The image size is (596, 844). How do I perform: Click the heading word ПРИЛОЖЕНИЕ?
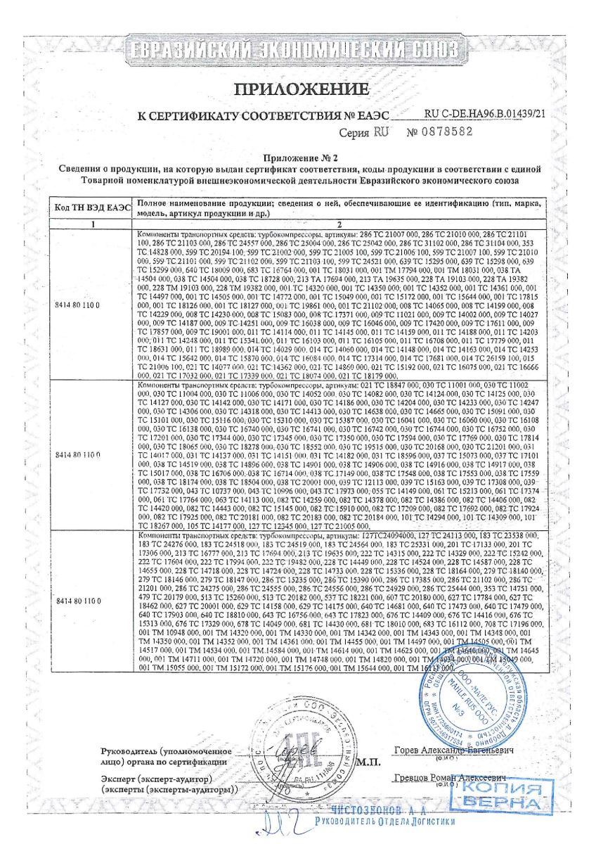301,89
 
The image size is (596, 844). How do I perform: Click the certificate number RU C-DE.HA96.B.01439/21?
485,113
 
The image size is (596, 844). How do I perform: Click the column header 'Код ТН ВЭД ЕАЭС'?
89,207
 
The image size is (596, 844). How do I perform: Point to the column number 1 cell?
89,223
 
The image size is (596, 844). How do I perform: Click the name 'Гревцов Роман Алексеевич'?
450,779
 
